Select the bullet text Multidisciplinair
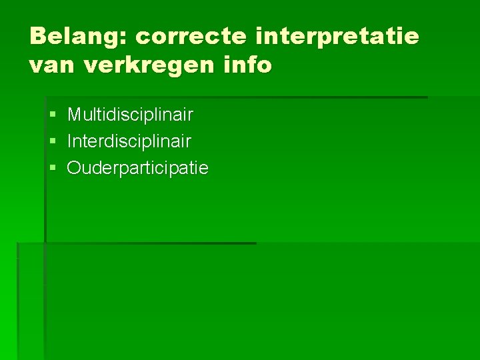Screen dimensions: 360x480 (x=130, y=115)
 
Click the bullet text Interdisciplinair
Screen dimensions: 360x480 (x=129, y=141)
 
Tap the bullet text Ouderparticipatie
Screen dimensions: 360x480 (x=137, y=168)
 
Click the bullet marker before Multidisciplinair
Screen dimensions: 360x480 (x=53, y=115)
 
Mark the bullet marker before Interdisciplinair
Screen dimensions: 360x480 (x=53, y=142)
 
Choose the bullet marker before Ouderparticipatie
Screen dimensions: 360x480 (x=53, y=169)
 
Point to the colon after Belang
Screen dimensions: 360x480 (x=124, y=39)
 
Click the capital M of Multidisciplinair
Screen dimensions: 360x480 (x=73, y=115)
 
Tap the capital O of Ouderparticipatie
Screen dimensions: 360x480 (x=73, y=168)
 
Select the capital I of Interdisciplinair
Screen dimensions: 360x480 (x=69, y=141)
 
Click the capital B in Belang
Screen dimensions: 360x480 (x=38, y=36)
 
